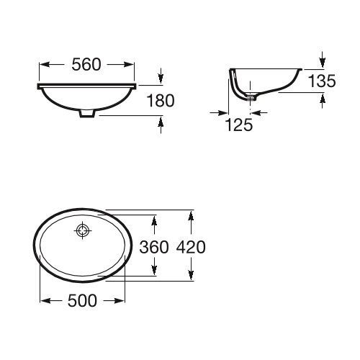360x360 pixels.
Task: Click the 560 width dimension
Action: coord(86,65)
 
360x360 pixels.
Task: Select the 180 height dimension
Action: coord(161,101)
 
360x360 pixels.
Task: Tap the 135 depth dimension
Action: coord(322,81)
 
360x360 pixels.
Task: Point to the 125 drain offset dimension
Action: coord(239,125)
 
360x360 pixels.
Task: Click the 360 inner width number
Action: coord(154,247)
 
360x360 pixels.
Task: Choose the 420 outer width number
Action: coord(191,247)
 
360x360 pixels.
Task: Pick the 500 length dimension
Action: coord(82,300)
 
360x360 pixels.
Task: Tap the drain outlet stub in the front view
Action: coord(86,114)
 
